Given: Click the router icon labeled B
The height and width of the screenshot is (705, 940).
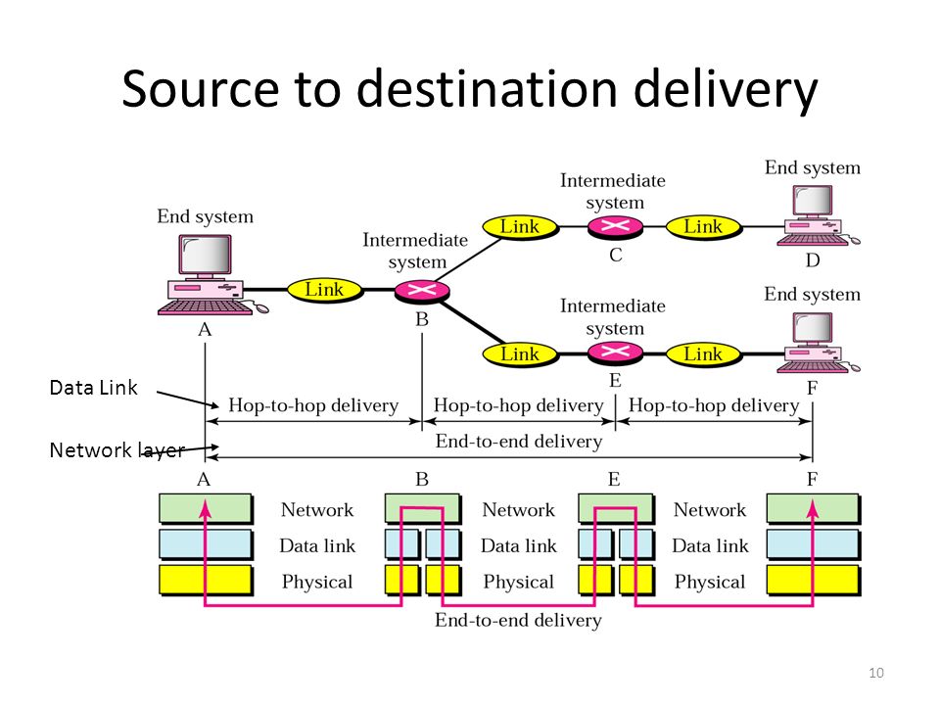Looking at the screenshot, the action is pyautogui.click(x=422, y=292).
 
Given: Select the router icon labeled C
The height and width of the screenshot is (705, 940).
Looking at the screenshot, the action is pyautogui.click(x=615, y=226).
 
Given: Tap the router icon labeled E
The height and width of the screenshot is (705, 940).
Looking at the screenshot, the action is pyautogui.click(x=615, y=352).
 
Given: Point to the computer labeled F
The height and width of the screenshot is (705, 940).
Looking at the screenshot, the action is pyautogui.click(x=818, y=343).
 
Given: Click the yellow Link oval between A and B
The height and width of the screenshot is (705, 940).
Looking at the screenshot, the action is pyautogui.click(x=325, y=290).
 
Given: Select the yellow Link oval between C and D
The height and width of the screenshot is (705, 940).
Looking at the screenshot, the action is pyautogui.click(x=704, y=227).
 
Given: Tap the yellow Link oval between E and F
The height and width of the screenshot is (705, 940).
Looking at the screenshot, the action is pyautogui.click(x=704, y=354).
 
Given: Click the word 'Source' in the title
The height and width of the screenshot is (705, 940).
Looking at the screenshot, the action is pyautogui.click(x=200, y=89).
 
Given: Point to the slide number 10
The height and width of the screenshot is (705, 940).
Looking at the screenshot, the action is pyautogui.click(x=875, y=673).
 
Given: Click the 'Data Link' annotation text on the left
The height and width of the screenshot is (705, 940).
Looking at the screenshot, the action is pyautogui.click(x=94, y=388).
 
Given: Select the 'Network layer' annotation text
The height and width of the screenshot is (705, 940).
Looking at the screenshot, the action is pyautogui.click(x=117, y=450).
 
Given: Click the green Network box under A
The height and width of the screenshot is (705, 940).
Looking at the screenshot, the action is pyautogui.click(x=206, y=508).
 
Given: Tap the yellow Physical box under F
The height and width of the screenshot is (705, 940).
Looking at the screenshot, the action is pyautogui.click(x=814, y=581).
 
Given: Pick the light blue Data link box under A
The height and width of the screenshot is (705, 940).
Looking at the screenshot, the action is pyautogui.click(x=206, y=544).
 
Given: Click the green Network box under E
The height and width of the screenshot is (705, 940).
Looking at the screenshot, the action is pyautogui.click(x=616, y=508).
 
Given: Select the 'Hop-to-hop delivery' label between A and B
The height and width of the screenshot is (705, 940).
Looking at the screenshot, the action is pyautogui.click(x=313, y=405).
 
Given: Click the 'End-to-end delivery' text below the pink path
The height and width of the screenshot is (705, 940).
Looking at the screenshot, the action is pyautogui.click(x=519, y=620).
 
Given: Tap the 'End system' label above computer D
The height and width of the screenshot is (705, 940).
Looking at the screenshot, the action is pyautogui.click(x=813, y=167).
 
